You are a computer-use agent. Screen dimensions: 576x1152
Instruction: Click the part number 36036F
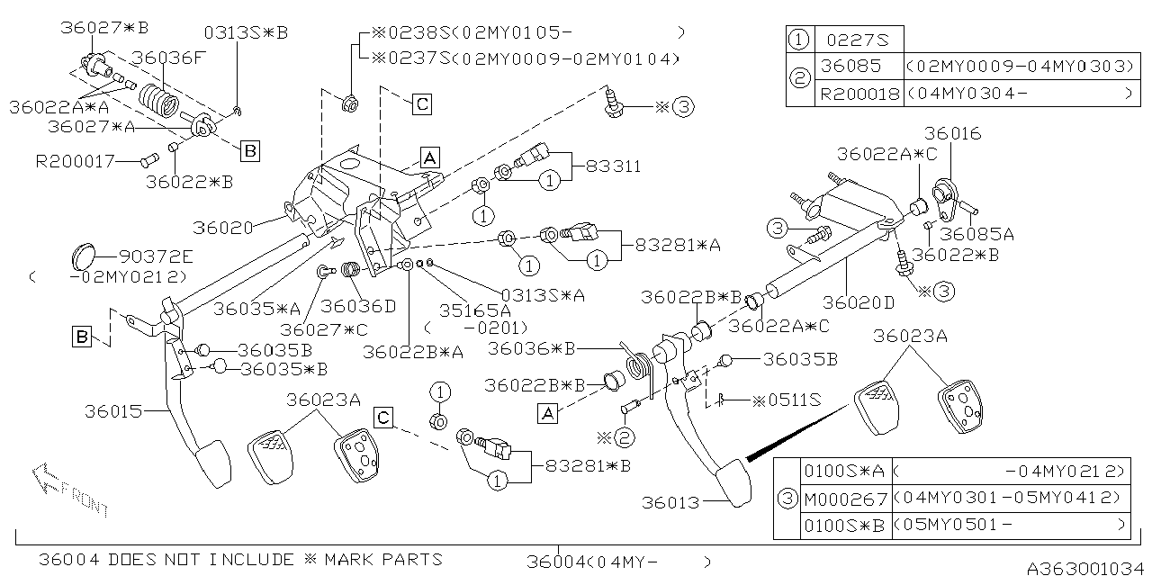169,58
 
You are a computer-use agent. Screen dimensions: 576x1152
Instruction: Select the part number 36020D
859,302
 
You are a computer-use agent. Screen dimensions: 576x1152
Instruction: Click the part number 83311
613,166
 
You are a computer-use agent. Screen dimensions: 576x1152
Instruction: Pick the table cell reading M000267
844,498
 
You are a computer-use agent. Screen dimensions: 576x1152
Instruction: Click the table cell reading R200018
859,93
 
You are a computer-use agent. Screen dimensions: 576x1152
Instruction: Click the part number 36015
113,411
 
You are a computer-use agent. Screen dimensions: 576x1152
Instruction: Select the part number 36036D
358,306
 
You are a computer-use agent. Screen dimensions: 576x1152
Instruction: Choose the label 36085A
976,234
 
